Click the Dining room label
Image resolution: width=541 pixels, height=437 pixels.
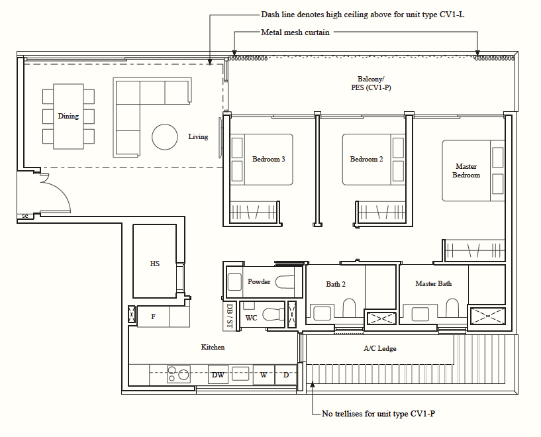click(x=68, y=117)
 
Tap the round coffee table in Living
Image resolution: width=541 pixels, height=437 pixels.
click(x=166, y=137)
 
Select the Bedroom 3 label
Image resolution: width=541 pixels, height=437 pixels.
click(x=268, y=160)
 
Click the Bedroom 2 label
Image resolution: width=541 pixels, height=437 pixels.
click(x=366, y=160)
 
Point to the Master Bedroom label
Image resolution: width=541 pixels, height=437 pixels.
click(x=466, y=171)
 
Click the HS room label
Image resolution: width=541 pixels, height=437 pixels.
click(x=154, y=264)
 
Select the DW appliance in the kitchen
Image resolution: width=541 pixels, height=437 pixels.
click(x=217, y=375)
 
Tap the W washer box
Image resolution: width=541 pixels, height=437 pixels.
click(x=264, y=375)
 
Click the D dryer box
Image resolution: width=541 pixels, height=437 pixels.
click(x=286, y=375)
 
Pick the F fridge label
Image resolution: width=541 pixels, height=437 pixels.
click(x=153, y=317)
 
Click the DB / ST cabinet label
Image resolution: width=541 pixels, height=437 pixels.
click(x=229, y=315)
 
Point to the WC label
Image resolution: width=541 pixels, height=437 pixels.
click(x=251, y=318)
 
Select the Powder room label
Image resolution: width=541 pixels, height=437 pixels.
click(x=259, y=282)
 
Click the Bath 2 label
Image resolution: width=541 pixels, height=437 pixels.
click(x=336, y=285)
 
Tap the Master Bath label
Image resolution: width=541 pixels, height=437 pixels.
click(x=433, y=284)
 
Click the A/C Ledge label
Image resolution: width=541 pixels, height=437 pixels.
click(x=380, y=349)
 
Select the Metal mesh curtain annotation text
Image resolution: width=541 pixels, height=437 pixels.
click(x=295, y=32)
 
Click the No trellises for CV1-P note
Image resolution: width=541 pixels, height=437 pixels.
click(x=377, y=414)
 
